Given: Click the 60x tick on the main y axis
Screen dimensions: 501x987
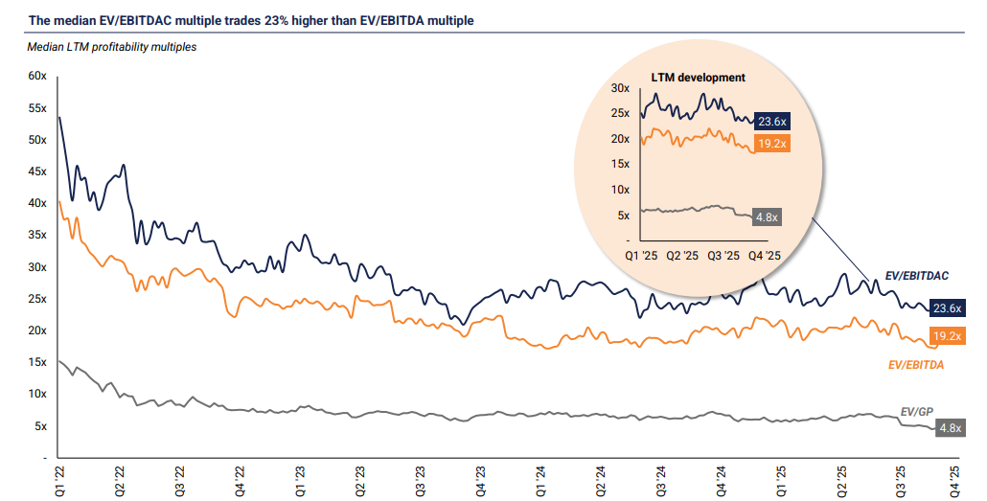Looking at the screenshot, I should click(x=38, y=76).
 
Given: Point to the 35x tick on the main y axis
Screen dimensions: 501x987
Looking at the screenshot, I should click(x=38, y=235).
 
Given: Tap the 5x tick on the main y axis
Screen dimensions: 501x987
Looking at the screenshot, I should click(x=41, y=425).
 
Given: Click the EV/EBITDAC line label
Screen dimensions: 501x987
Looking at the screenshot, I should click(x=916, y=276).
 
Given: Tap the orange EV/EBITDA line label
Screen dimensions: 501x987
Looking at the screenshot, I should click(x=916, y=365).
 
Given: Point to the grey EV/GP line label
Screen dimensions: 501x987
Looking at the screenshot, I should click(x=917, y=412).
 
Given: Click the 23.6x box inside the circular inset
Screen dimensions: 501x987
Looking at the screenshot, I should click(x=771, y=122).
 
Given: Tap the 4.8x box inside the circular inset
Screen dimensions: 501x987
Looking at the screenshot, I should click(x=767, y=217).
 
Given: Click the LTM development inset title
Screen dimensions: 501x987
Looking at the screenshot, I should click(x=698, y=78).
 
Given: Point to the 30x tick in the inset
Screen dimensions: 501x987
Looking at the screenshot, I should click(x=620, y=89).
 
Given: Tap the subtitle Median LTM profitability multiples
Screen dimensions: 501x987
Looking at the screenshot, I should click(x=112, y=46).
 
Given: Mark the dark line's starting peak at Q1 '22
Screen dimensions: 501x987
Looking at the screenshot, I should click(x=59, y=118).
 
